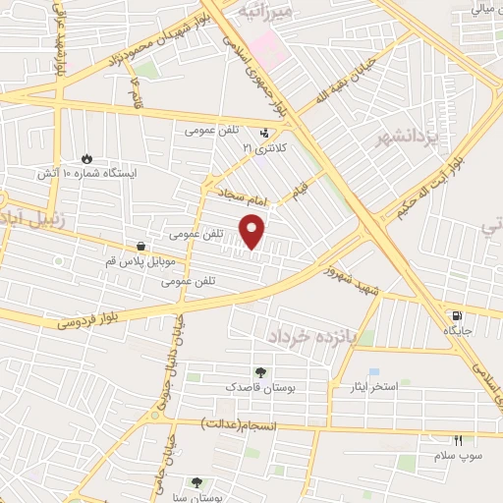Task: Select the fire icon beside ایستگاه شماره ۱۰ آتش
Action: [86, 157]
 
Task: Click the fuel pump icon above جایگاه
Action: [456, 316]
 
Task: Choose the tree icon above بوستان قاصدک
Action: [260, 372]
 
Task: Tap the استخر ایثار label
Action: [370, 387]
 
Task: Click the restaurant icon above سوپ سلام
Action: [457, 441]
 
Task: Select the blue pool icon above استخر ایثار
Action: [373, 372]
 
